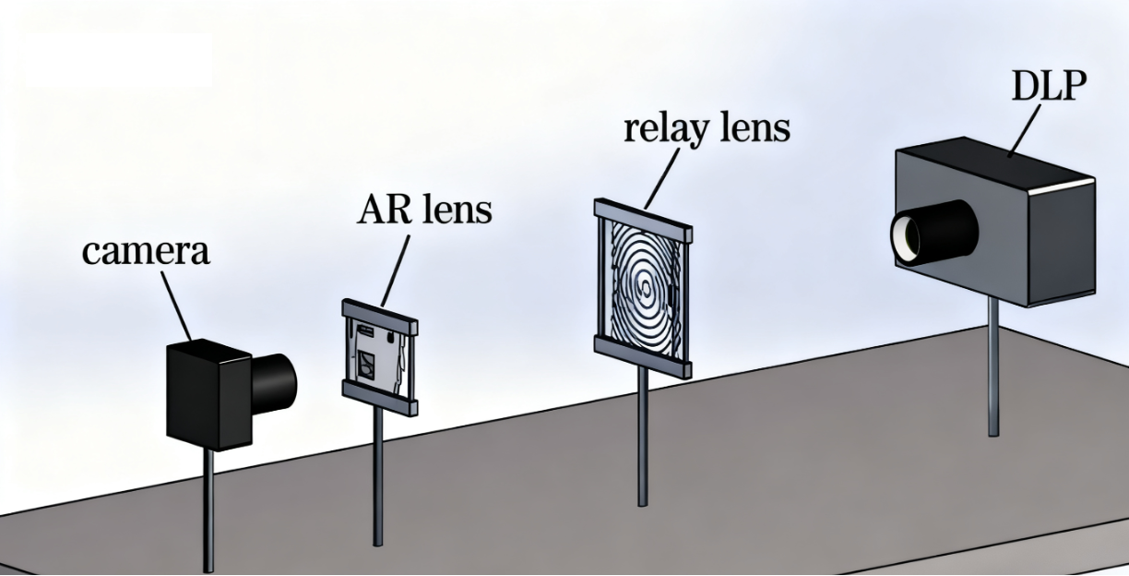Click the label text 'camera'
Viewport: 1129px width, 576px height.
point(146,250)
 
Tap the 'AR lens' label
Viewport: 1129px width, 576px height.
point(424,210)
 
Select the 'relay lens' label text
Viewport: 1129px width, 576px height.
point(707,127)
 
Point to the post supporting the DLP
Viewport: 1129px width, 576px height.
point(992,369)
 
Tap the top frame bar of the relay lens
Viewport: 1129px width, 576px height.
point(644,221)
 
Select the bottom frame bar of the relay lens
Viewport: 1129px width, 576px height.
point(643,357)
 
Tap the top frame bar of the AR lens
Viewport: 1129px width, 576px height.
point(379,315)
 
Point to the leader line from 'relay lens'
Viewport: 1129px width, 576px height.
point(661,175)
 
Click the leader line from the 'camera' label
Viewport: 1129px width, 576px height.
point(177,306)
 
